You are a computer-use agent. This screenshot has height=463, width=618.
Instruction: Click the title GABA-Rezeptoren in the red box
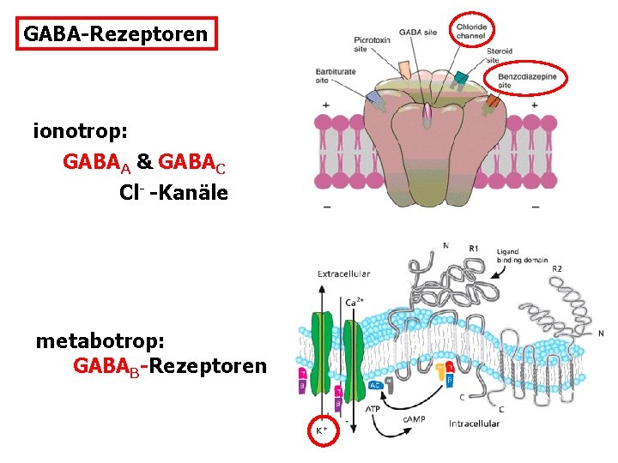115,34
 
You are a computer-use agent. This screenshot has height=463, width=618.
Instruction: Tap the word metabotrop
100,340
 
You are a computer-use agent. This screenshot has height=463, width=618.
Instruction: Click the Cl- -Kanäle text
173,192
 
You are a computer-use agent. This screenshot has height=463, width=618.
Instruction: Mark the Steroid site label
500,56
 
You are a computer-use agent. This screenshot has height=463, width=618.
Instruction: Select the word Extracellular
343,274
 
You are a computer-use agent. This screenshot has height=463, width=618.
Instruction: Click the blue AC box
375,385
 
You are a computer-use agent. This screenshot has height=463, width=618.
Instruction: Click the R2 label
557,268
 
